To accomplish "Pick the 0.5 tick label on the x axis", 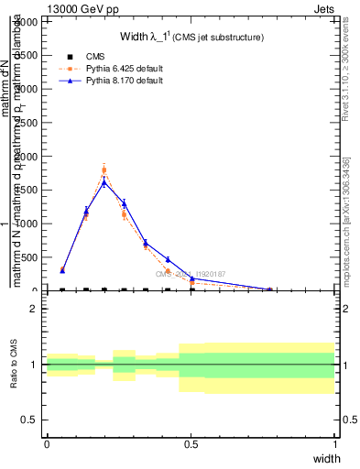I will pos(191,444).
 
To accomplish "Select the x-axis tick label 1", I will pos(335,444).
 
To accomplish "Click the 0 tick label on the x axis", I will pos(47,444).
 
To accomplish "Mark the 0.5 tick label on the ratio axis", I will pos(30,420).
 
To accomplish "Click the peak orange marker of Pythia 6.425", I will pos(104,170).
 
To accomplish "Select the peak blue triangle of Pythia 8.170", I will pos(104,181).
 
